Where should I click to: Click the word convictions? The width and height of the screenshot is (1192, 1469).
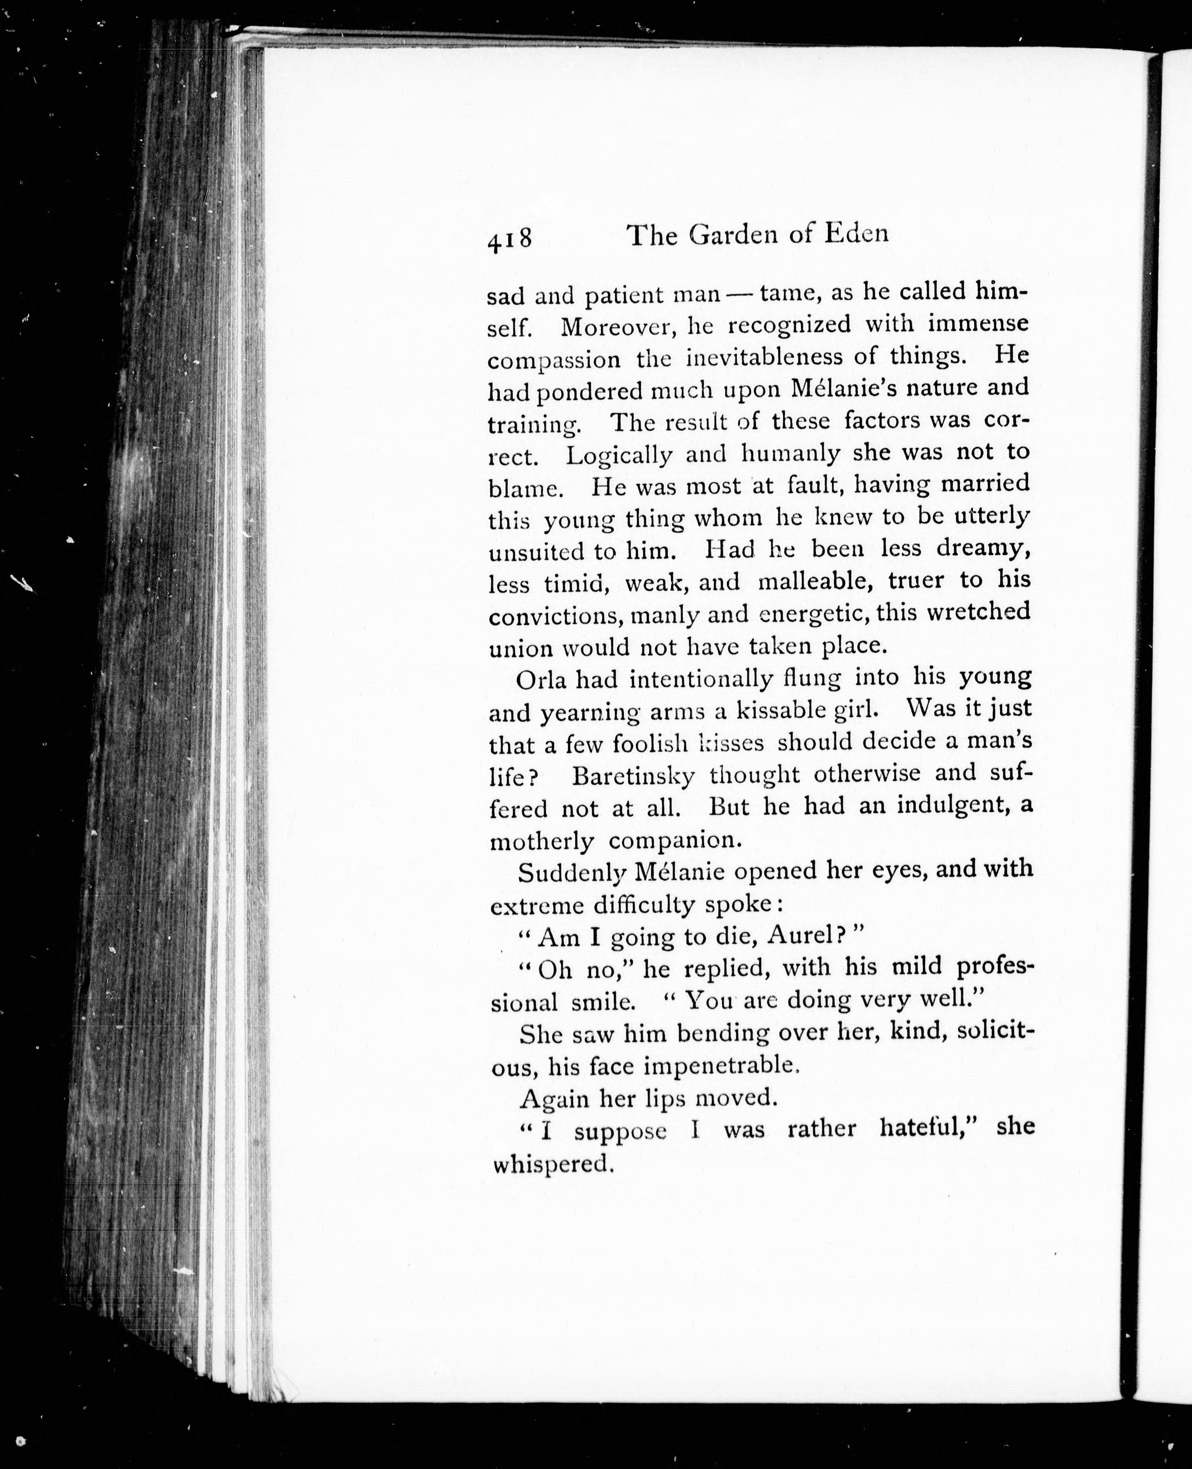(x=556, y=615)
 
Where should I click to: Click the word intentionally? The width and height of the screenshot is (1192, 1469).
(x=701, y=678)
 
